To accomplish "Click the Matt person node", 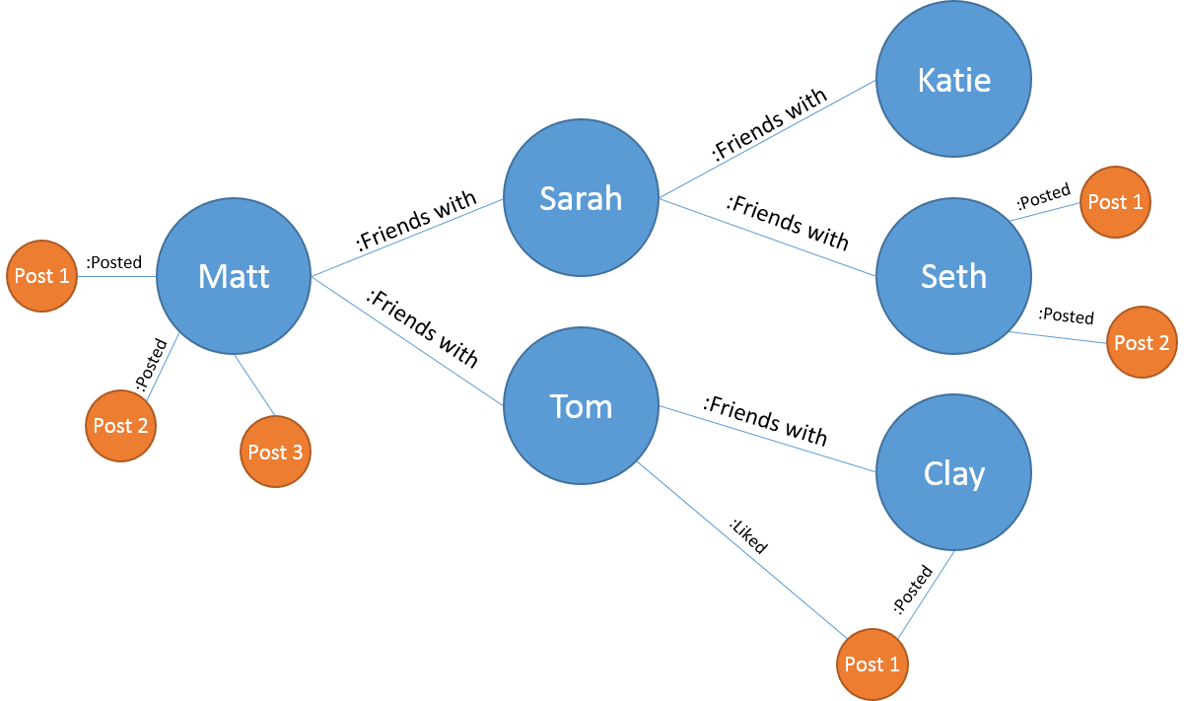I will pyautogui.click(x=234, y=276).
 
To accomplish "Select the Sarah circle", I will pyautogui.click(x=581, y=198).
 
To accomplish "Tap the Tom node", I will pyautogui.click(x=581, y=406).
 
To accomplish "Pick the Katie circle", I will pyautogui.click(x=953, y=79).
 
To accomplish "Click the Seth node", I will pyautogui.click(x=953, y=276).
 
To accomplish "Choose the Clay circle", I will pyautogui.click(x=953, y=473).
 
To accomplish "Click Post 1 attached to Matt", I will pyautogui.click(x=41, y=276).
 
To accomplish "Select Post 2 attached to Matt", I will pyautogui.click(x=120, y=426).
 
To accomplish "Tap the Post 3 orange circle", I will pyautogui.click(x=275, y=452).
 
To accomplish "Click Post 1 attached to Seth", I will pyautogui.click(x=1115, y=201).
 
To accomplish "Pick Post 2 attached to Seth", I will pyautogui.click(x=1142, y=342).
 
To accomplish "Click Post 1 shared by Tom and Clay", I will pyautogui.click(x=871, y=664).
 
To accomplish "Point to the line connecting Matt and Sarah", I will pyautogui.click(x=407, y=238).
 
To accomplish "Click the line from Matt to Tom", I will pyautogui.click(x=407, y=341).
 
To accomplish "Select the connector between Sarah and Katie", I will pyautogui.click(x=767, y=139).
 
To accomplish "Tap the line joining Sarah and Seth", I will pyautogui.click(x=767, y=238).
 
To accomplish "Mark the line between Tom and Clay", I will pyautogui.click(x=767, y=439).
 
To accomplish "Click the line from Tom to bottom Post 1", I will pyautogui.click(x=741, y=548).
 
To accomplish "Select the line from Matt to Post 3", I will pyautogui.click(x=255, y=386).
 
